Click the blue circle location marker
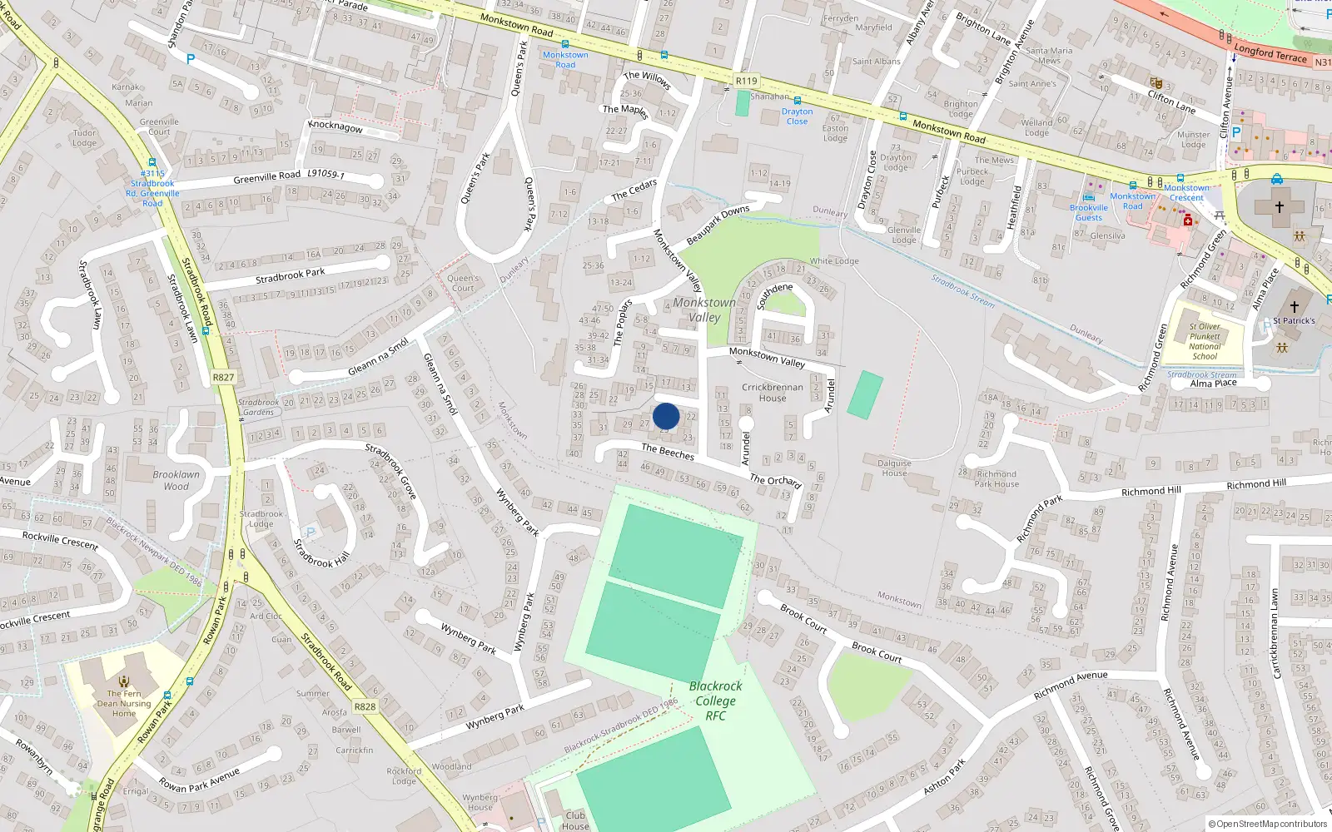[666, 416]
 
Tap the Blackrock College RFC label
[715, 701]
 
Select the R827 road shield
[223, 377]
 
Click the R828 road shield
[365, 706]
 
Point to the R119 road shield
[747, 81]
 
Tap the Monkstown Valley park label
[704, 310]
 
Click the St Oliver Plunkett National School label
[1205, 341]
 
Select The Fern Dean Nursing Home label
[124, 703]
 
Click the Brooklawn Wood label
[176, 480]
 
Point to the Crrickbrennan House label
[773, 392]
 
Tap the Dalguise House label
[895, 468]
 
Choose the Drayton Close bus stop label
[797, 116]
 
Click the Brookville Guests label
[1089, 213]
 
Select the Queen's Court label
[463, 283]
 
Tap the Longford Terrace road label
[1270, 52]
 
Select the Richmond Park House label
[997, 478]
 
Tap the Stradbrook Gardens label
[258, 407]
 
